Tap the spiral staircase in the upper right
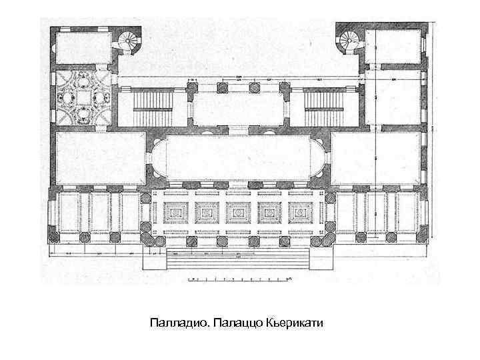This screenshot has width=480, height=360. tap(349, 41)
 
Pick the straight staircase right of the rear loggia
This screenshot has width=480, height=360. tap(323, 101)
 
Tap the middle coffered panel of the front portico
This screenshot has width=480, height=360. tap(239, 212)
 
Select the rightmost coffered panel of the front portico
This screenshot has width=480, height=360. tap(301, 212)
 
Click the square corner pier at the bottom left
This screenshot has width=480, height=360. tap(51, 237)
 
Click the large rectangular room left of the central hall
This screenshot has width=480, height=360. tap(100, 159)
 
